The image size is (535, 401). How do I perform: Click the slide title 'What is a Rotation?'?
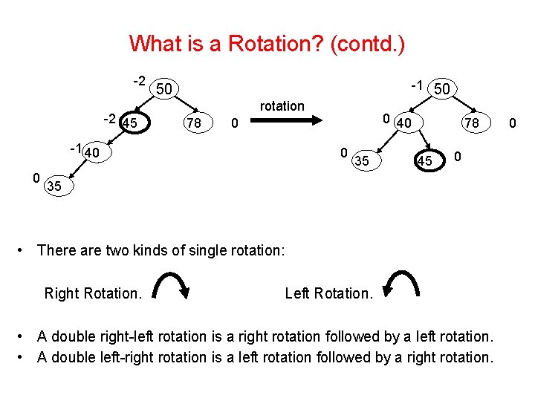(x=267, y=43)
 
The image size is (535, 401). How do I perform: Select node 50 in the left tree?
(x=165, y=89)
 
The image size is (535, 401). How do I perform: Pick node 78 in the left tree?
(x=194, y=123)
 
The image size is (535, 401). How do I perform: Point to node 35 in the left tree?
(x=54, y=186)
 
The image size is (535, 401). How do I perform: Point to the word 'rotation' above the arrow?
(x=282, y=106)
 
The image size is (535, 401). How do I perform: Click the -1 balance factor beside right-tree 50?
(x=418, y=86)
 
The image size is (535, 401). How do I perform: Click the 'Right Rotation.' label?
(x=93, y=293)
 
